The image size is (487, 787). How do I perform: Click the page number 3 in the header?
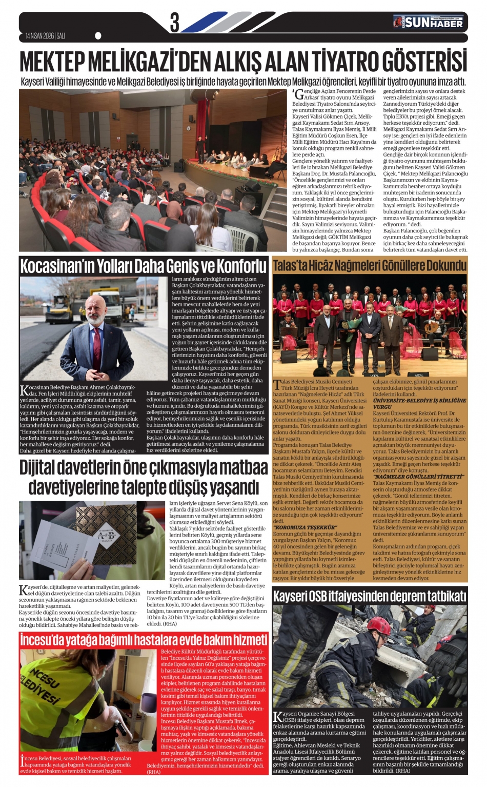click(x=175, y=23)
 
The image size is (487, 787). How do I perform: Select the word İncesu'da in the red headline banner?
click(x=45, y=639)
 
